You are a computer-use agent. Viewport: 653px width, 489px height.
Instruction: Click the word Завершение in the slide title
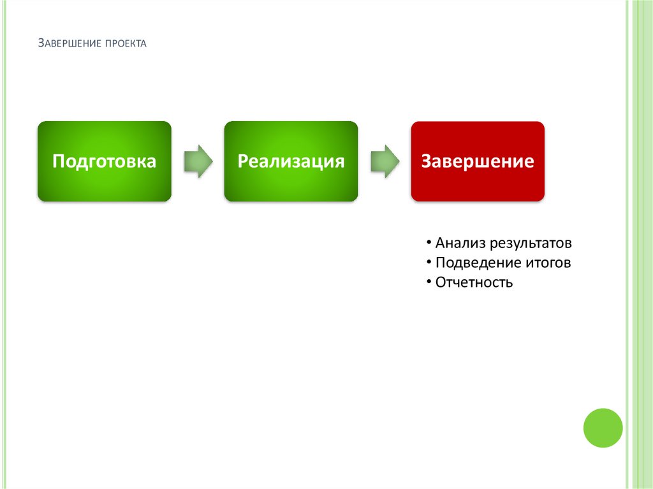(70, 44)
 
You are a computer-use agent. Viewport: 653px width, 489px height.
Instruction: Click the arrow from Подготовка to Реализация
(198, 161)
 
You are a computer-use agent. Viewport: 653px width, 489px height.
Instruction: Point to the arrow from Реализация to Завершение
(385, 161)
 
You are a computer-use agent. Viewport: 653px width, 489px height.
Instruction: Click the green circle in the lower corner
(603, 428)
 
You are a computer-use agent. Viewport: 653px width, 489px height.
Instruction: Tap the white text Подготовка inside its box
(104, 161)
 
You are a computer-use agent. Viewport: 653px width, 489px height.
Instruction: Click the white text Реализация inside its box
(291, 161)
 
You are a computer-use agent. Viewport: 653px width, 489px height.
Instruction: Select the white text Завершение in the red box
(478, 161)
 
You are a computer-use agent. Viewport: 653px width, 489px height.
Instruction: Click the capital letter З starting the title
(41, 43)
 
